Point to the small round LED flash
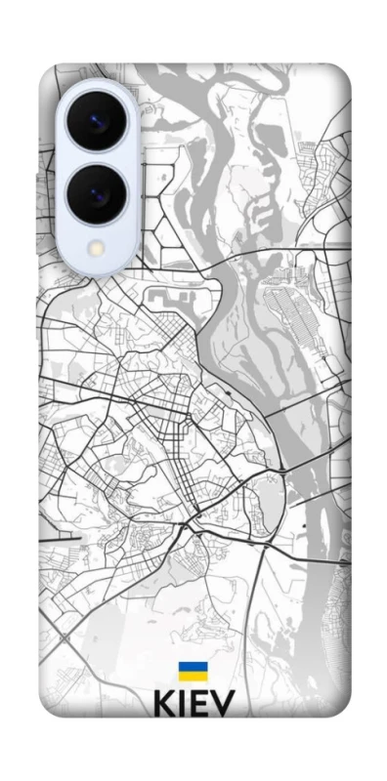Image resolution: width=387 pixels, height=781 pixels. [96, 248]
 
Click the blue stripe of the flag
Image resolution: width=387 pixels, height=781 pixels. [192, 668]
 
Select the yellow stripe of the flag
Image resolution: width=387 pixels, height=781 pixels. [192, 677]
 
